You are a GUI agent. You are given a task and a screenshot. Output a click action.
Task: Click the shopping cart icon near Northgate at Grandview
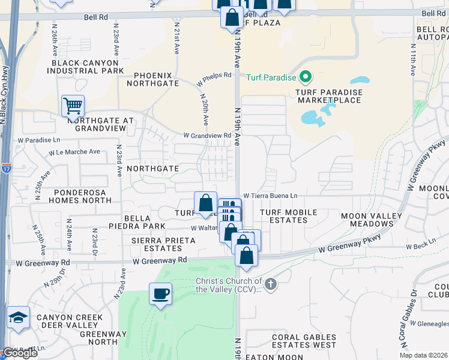pyautogui.click(x=73, y=106)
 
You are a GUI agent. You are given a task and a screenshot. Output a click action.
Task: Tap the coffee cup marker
pyautogui.click(x=160, y=294)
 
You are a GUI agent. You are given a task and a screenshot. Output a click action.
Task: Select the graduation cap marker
pyautogui.click(x=19, y=318)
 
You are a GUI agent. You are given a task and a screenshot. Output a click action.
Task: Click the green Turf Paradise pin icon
pyautogui.click(x=306, y=77)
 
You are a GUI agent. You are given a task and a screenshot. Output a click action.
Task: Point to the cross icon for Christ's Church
pyautogui.click(x=271, y=283)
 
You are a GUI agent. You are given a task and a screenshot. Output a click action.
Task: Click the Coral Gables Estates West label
pyautogui.click(x=304, y=341)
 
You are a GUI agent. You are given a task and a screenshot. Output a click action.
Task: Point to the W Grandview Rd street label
pyautogui.click(x=207, y=136)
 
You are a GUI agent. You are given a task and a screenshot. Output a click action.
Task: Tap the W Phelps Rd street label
pyautogui.click(x=214, y=79)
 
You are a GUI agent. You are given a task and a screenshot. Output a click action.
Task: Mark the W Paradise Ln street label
pyautogui.click(x=39, y=140)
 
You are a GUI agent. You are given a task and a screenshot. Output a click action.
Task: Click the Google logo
pyautogui.click(x=20, y=353)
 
